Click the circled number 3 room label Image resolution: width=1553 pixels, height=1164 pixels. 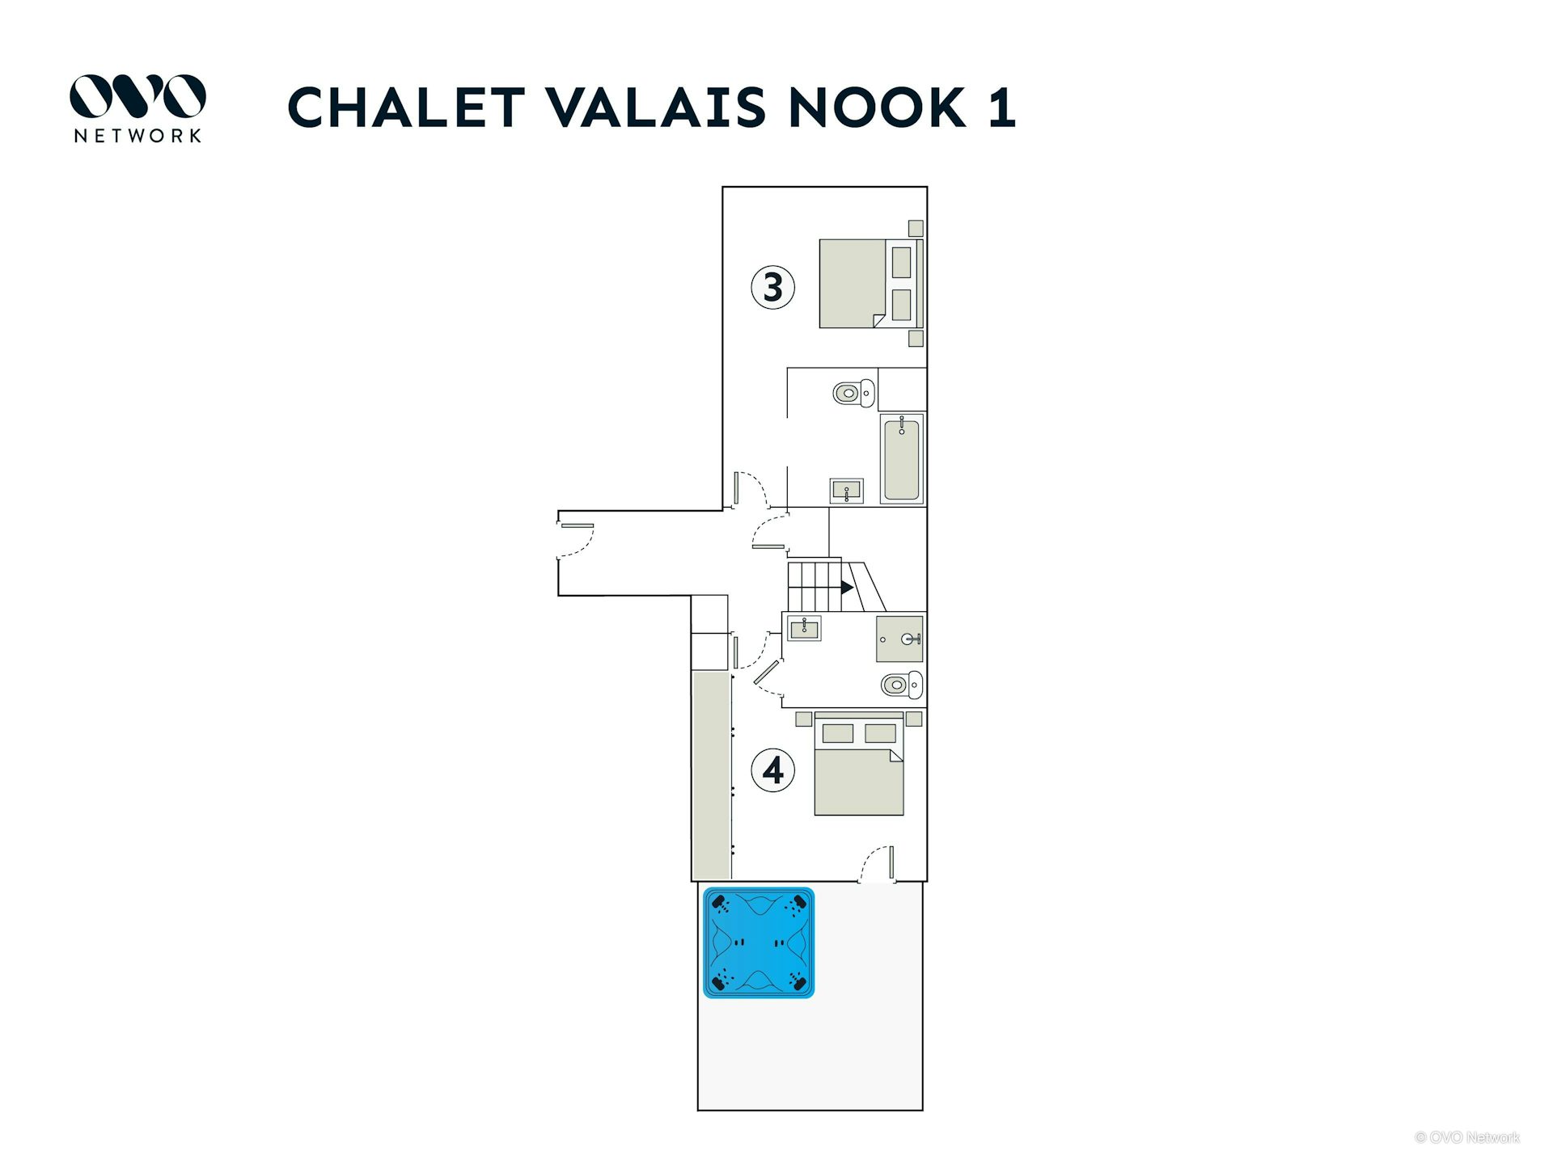click(x=772, y=287)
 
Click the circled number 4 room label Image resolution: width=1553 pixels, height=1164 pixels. click(x=772, y=770)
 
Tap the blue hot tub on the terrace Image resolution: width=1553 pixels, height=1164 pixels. click(x=759, y=943)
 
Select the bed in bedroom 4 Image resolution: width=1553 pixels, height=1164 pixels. click(x=859, y=764)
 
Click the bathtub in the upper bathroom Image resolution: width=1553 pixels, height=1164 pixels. click(x=902, y=459)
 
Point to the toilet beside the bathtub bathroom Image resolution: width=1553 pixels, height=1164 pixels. click(x=854, y=393)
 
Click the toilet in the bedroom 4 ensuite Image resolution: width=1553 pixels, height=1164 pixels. click(x=902, y=685)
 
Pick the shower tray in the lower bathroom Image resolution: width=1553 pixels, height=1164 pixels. click(x=899, y=639)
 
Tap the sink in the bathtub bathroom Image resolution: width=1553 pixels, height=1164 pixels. click(x=847, y=491)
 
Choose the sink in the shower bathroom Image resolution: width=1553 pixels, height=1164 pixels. click(x=804, y=628)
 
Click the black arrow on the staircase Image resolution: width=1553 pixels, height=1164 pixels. click(x=847, y=587)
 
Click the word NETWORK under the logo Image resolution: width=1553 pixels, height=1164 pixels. click(x=138, y=136)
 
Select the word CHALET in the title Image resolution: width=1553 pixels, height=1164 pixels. click(x=407, y=108)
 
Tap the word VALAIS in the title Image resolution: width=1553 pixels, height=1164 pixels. click(x=657, y=108)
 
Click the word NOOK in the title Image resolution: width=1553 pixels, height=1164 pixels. click(x=878, y=108)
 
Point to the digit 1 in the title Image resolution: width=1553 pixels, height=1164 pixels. click(x=1002, y=108)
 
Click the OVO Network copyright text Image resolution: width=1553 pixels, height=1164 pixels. click(x=1467, y=1137)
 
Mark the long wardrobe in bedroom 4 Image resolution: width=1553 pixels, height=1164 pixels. click(x=712, y=775)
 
